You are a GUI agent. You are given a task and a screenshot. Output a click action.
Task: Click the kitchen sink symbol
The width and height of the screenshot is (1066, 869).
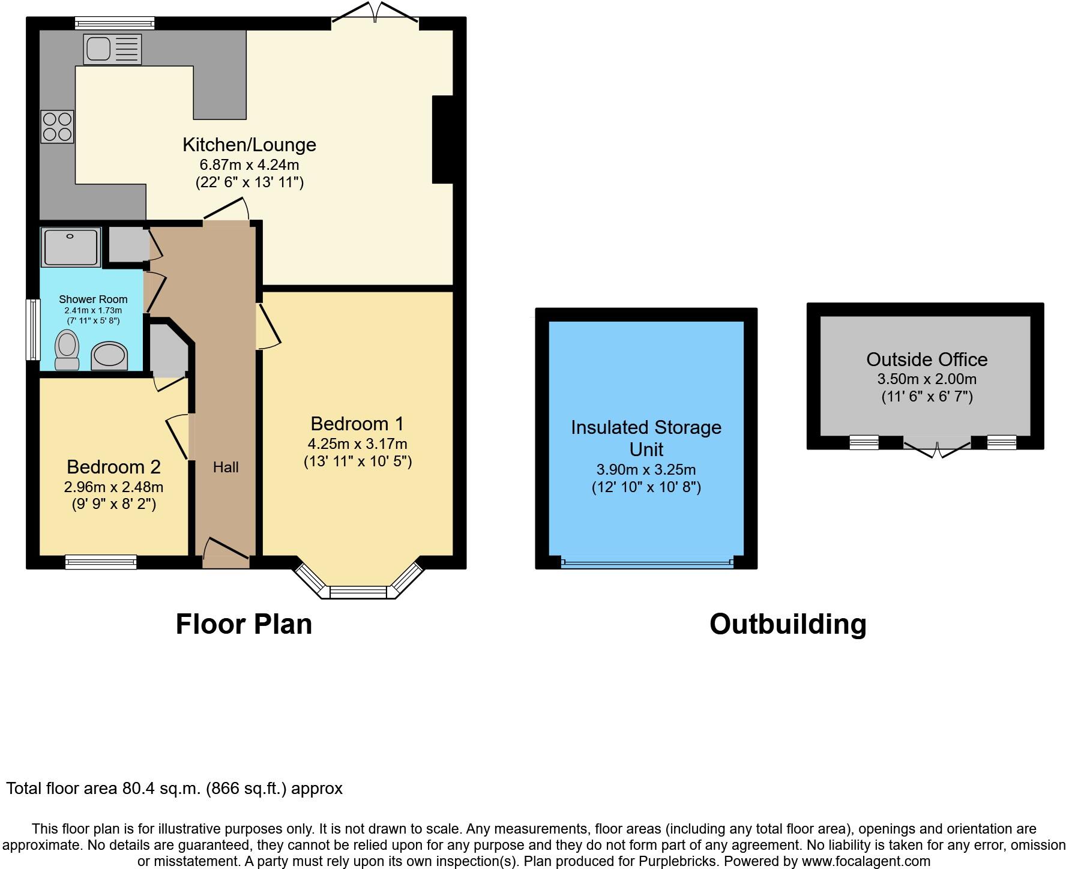[x=113, y=49]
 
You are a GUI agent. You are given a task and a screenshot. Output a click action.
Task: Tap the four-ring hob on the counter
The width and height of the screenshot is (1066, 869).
[x=57, y=127]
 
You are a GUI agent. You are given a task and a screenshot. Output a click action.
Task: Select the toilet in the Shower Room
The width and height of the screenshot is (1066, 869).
[x=67, y=351]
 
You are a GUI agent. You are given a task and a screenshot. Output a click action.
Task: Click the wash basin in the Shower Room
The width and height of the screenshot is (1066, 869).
[x=109, y=356]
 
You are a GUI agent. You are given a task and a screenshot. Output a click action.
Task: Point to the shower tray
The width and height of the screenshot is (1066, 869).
[x=70, y=247]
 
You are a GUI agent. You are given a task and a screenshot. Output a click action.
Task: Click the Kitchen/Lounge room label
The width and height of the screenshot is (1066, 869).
[x=249, y=145]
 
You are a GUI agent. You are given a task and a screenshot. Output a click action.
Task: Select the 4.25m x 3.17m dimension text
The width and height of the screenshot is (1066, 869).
[x=357, y=444]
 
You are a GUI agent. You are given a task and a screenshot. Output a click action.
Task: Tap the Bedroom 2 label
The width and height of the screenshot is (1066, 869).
[x=113, y=467]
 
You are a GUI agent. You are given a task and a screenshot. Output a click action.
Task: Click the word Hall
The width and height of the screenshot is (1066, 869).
[x=226, y=467]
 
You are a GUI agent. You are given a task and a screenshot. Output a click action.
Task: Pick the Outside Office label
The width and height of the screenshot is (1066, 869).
[x=926, y=359]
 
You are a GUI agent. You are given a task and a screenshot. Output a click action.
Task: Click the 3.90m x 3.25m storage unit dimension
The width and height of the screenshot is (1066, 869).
[x=646, y=470]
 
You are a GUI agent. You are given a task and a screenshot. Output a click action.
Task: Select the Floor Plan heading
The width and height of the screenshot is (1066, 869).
[x=244, y=624]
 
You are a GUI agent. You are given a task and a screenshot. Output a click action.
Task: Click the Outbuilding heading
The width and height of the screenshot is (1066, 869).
[x=787, y=624]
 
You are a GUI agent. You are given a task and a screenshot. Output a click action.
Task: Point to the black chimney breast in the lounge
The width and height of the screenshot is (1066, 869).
[x=442, y=139]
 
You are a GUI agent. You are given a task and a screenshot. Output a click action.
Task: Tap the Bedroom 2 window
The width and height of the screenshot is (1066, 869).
[x=101, y=562]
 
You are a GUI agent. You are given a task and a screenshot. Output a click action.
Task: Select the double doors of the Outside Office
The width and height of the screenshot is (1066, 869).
[x=937, y=447]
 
